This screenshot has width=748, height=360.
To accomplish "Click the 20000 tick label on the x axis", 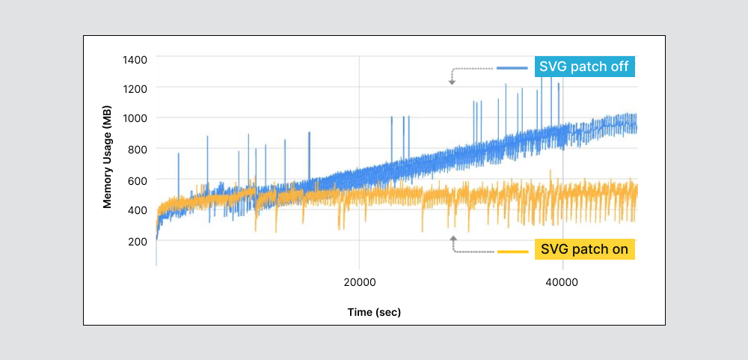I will pos(359,282).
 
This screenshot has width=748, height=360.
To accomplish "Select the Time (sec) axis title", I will pos(374,312).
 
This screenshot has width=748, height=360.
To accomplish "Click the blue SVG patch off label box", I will pos(585,67).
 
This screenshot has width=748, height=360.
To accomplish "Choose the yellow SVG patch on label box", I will pos(585,249).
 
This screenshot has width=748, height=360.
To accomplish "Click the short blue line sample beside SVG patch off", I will pos(512,67).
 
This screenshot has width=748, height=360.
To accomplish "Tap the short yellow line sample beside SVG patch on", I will pos(513,251).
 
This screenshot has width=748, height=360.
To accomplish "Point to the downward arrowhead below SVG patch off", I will pos(452,82).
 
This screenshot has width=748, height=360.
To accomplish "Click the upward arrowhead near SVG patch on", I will pos(453,239).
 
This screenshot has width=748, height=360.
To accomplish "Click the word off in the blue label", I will pos(619,67).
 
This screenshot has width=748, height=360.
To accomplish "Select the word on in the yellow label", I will pos(619,249).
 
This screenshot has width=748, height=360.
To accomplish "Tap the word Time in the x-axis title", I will pos(360,312).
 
